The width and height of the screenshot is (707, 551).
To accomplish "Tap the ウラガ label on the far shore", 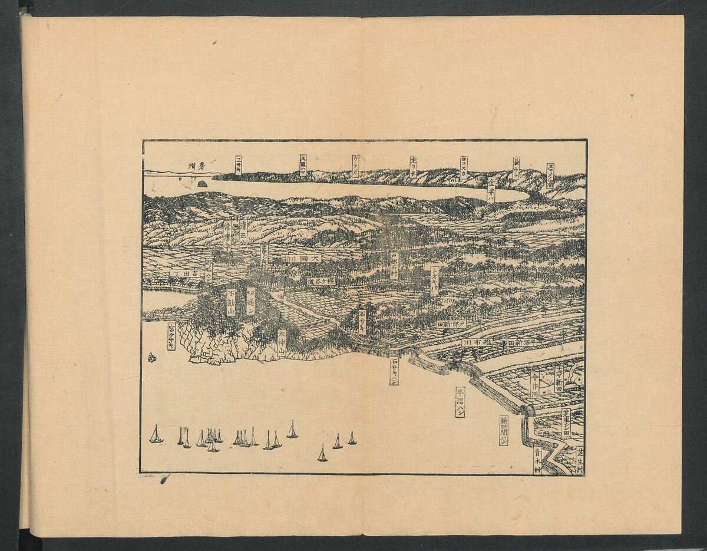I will pos(355,166).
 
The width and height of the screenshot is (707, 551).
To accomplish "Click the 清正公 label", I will pos(243,232).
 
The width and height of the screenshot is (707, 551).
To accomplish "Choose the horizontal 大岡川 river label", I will pos(304,258).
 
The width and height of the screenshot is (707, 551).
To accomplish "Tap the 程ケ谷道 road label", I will pos(321,281).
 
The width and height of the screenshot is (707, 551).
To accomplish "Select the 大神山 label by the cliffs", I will pos(282,341).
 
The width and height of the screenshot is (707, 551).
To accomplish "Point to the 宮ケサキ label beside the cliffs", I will pos(171,336).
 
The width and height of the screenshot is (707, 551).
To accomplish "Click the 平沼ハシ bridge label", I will pos(460,402).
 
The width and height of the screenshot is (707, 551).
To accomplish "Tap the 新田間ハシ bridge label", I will pos(504,430).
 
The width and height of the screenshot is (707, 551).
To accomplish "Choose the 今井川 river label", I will pos(534,384).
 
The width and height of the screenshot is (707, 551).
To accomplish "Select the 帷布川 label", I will pos(478,342).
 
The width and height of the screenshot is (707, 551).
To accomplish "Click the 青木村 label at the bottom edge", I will pos(537,461).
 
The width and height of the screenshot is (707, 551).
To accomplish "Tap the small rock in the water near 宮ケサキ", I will pos(152,357).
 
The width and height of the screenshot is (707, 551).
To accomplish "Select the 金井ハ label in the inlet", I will pos(491,190).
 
